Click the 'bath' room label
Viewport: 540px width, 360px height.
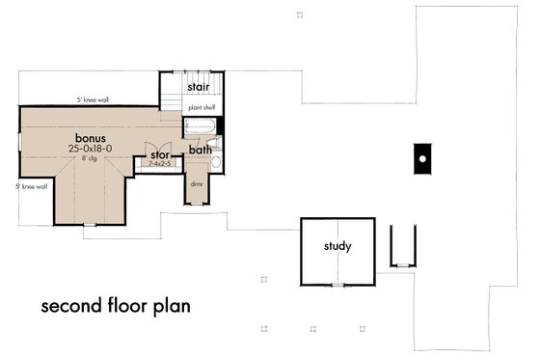[200, 150]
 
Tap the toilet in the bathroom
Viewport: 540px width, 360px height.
[215, 162]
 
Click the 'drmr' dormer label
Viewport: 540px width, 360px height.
[197, 182]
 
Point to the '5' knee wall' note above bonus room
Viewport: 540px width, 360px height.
[94, 99]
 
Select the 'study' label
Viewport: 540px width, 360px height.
[337, 246]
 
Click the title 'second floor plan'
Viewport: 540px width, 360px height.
[115, 306]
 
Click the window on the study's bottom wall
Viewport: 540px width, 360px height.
[337, 285]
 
